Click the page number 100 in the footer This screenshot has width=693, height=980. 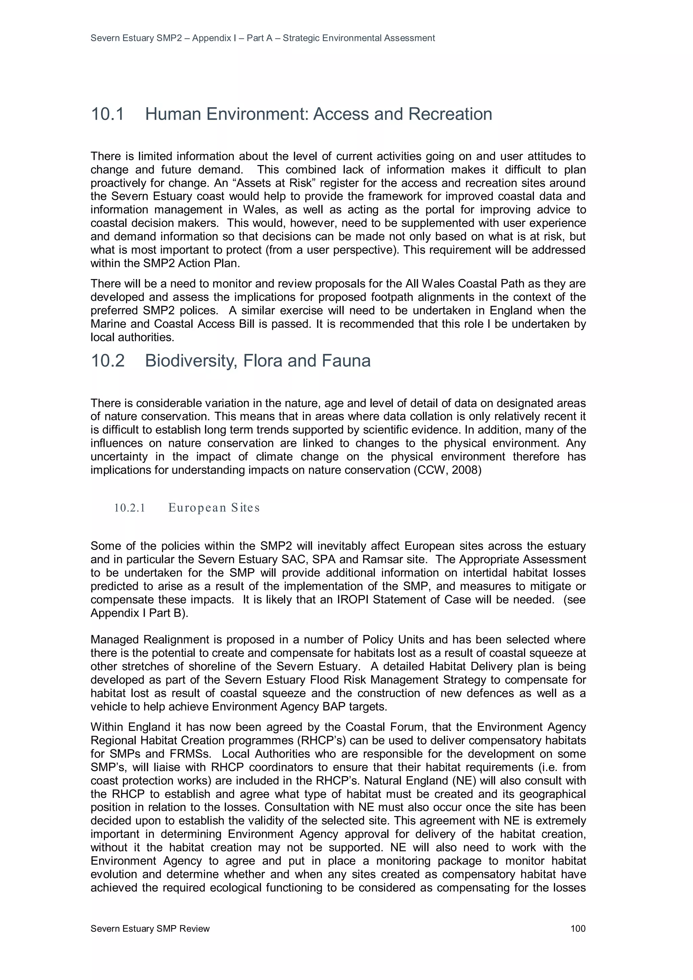tap(578, 928)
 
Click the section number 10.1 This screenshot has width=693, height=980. tap(107, 114)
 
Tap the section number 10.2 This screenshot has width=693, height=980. tap(108, 361)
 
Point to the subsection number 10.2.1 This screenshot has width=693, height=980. tap(129, 507)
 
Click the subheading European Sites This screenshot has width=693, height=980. tap(214, 507)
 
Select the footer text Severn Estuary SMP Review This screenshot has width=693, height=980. tap(150, 928)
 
